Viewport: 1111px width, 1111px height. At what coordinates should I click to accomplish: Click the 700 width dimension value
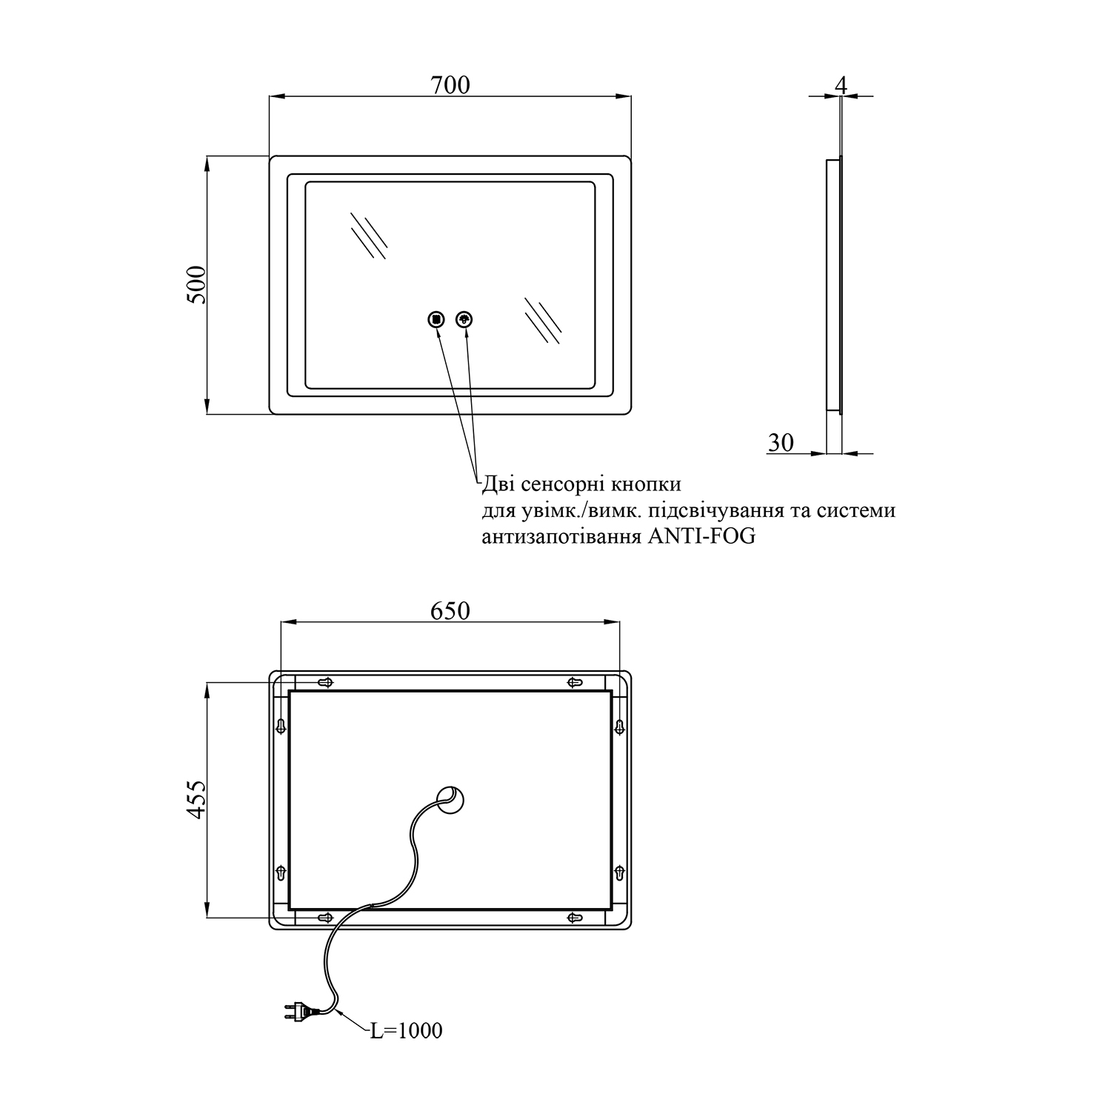(450, 85)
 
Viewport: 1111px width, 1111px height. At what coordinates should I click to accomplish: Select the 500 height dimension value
(197, 284)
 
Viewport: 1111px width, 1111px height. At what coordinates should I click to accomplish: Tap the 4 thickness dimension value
(840, 85)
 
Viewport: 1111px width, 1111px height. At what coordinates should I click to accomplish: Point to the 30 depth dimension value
(781, 442)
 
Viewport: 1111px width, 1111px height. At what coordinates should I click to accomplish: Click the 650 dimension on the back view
(450, 610)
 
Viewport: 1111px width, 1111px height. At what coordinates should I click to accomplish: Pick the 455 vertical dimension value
(197, 799)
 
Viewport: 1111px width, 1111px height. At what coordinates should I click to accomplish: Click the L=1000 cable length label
(406, 1030)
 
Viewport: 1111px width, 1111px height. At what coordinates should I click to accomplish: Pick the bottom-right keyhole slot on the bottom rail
(575, 918)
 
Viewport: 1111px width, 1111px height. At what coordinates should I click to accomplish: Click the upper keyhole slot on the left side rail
(281, 726)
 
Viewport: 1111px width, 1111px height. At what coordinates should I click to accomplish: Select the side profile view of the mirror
(834, 284)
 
